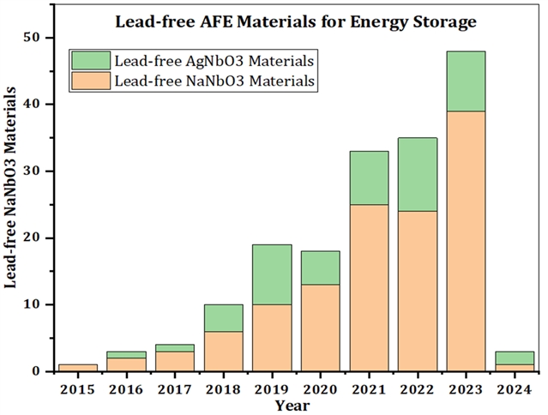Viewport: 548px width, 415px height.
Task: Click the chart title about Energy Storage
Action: (x=296, y=21)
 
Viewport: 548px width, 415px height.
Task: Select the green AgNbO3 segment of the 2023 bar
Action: (x=466, y=81)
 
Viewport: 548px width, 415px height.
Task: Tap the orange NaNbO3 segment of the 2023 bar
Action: (x=466, y=241)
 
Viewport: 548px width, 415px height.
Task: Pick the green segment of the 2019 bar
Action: (x=272, y=274)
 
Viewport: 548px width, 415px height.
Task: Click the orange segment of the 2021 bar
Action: (x=369, y=288)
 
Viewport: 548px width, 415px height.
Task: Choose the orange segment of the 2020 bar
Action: (x=320, y=328)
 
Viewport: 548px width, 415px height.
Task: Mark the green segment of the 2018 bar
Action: (x=223, y=318)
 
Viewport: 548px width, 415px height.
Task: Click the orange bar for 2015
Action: (x=78, y=368)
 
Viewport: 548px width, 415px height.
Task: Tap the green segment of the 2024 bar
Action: (x=515, y=358)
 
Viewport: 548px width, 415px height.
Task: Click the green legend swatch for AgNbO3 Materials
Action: (x=91, y=60)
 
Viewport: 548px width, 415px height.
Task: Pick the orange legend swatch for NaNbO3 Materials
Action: (x=91, y=80)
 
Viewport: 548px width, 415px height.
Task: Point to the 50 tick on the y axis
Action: (x=40, y=38)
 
